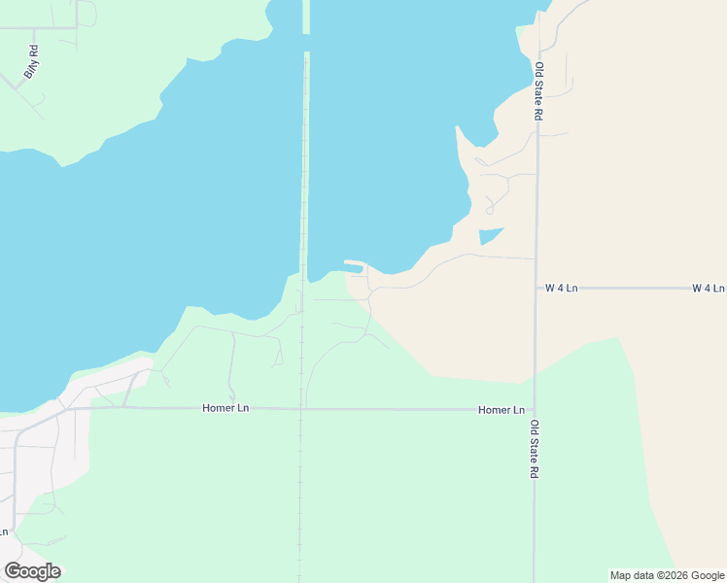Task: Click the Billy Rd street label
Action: (x=30, y=61)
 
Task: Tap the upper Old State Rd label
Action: (x=538, y=91)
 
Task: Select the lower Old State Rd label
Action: (x=534, y=449)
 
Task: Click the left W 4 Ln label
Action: (x=561, y=289)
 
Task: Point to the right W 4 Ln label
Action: (x=708, y=289)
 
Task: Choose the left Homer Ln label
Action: (x=225, y=408)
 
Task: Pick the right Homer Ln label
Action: (x=502, y=410)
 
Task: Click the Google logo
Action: (x=32, y=571)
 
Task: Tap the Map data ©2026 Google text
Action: (x=666, y=575)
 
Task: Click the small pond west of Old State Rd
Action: (x=489, y=235)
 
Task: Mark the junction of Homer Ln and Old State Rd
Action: (x=534, y=410)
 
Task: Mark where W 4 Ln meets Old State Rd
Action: (x=536, y=289)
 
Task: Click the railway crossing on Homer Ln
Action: (x=300, y=409)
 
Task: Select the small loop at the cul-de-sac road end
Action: (x=490, y=209)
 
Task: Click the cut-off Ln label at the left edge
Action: (x=4, y=532)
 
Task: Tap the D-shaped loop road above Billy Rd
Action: (x=87, y=14)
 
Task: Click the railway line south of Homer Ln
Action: (x=300, y=496)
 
